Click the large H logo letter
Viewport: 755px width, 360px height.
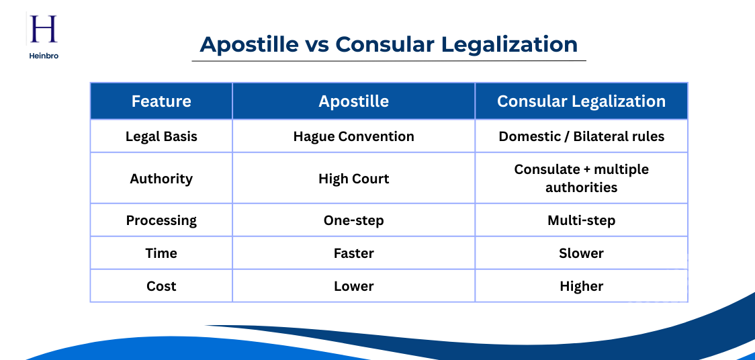(x=44, y=30)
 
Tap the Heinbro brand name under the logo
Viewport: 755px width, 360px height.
(x=44, y=56)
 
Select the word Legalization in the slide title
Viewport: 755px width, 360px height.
(x=510, y=44)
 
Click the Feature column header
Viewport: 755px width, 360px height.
(x=161, y=101)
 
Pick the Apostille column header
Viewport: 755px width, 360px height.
(x=353, y=101)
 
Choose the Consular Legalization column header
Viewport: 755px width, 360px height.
(x=581, y=101)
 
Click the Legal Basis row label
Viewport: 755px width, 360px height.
(x=161, y=136)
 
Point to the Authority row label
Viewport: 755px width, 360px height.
(x=161, y=179)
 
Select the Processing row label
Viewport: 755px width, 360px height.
(x=161, y=220)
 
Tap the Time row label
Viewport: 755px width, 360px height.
(x=161, y=253)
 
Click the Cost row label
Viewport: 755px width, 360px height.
(x=161, y=286)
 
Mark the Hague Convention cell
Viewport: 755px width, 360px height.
(x=353, y=136)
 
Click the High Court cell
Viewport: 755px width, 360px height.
(x=353, y=179)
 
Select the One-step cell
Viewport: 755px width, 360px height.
(x=353, y=220)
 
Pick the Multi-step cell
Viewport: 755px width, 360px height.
(x=581, y=220)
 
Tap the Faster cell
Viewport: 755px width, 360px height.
(x=353, y=253)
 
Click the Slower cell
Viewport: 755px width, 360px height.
(x=581, y=253)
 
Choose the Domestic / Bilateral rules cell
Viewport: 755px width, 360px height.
(x=581, y=136)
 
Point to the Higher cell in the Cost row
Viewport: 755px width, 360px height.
(x=581, y=286)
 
